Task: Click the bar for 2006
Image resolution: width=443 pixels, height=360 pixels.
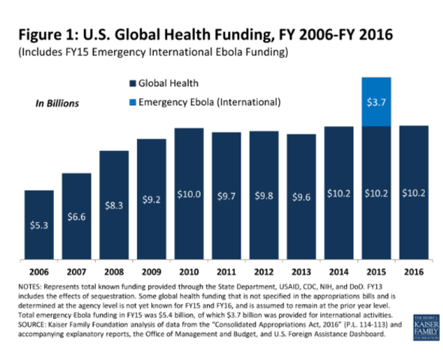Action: click(x=39, y=225)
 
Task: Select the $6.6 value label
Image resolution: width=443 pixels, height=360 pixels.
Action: click(x=76, y=216)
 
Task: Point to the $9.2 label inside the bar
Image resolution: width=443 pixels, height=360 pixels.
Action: click(x=151, y=199)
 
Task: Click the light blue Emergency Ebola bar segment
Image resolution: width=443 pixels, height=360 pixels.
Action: click(x=376, y=101)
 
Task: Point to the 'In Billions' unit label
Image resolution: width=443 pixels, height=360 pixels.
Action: click(x=58, y=102)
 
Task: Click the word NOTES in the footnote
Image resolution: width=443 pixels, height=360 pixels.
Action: click(x=31, y=287)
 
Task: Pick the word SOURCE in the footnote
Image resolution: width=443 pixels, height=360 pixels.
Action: click(x=34, y=326)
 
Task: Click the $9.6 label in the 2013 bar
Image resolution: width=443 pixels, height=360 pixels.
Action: click(x=301, y=196)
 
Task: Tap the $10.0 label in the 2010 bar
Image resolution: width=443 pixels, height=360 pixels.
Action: click(x=188, y=193)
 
